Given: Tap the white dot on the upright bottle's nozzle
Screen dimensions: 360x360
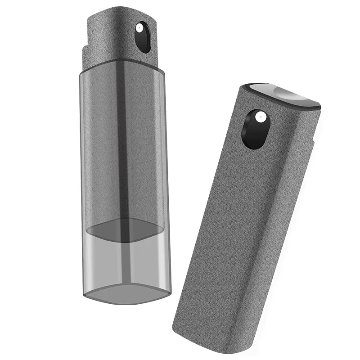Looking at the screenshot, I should click(x=139, y=28).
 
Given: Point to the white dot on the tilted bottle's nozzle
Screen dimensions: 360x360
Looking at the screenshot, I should click(x=259, y=117).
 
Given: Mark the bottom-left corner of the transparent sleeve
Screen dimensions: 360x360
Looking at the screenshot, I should click(x=85, y=295).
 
